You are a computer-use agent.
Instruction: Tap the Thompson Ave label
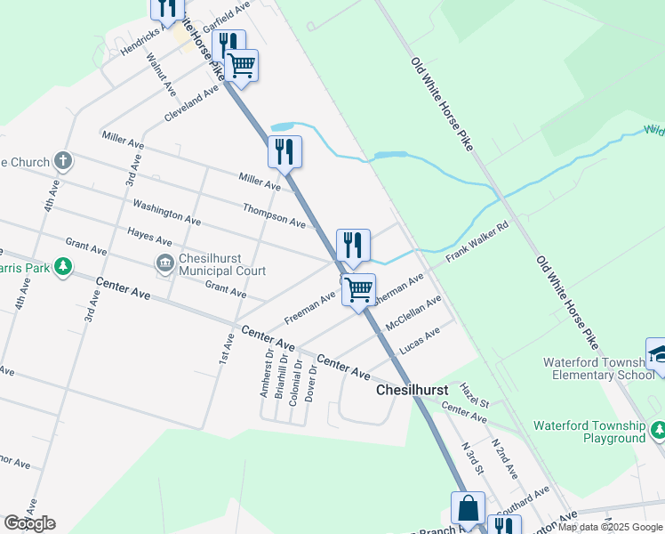[275, 214]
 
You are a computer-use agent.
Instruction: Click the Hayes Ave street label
[149, 236]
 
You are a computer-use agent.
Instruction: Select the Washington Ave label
[167, 211]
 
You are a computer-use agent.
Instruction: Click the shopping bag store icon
[469, 508]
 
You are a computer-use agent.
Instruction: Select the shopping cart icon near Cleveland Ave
[241, 64]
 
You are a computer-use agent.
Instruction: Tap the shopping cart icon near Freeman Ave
[358, 289]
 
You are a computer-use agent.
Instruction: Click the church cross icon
[61, 161]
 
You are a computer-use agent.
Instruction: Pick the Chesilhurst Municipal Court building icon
[164, 263]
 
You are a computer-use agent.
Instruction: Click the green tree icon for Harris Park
[62, 266]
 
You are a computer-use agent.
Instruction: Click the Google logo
[30, 523]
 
